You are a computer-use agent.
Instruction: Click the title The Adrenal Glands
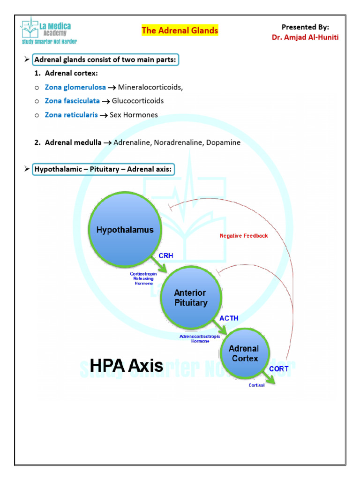(x=180, y=30)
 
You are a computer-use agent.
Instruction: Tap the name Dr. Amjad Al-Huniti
(x=305, y=37)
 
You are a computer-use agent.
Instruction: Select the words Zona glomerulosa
(x=75, y=87)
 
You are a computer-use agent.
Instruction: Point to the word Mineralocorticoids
(x=150, y=87)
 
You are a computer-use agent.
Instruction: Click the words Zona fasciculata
(x=72, y=101)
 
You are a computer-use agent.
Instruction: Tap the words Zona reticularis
(x=71, y=115)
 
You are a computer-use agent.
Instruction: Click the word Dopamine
(x=223, y=142)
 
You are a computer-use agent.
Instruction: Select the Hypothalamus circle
(x=125, y=230)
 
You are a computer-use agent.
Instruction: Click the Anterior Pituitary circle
(x=190, y=298)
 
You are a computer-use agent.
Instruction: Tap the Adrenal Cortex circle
(x=243, y=354)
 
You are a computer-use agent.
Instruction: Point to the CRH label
(x=166, y=256)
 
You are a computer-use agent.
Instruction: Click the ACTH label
(x=229, y=318)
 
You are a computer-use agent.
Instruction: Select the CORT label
(x=278, y=369)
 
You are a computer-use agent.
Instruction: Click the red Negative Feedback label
(x=244, y=236)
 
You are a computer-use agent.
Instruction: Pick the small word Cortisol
(x=257, y=385)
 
